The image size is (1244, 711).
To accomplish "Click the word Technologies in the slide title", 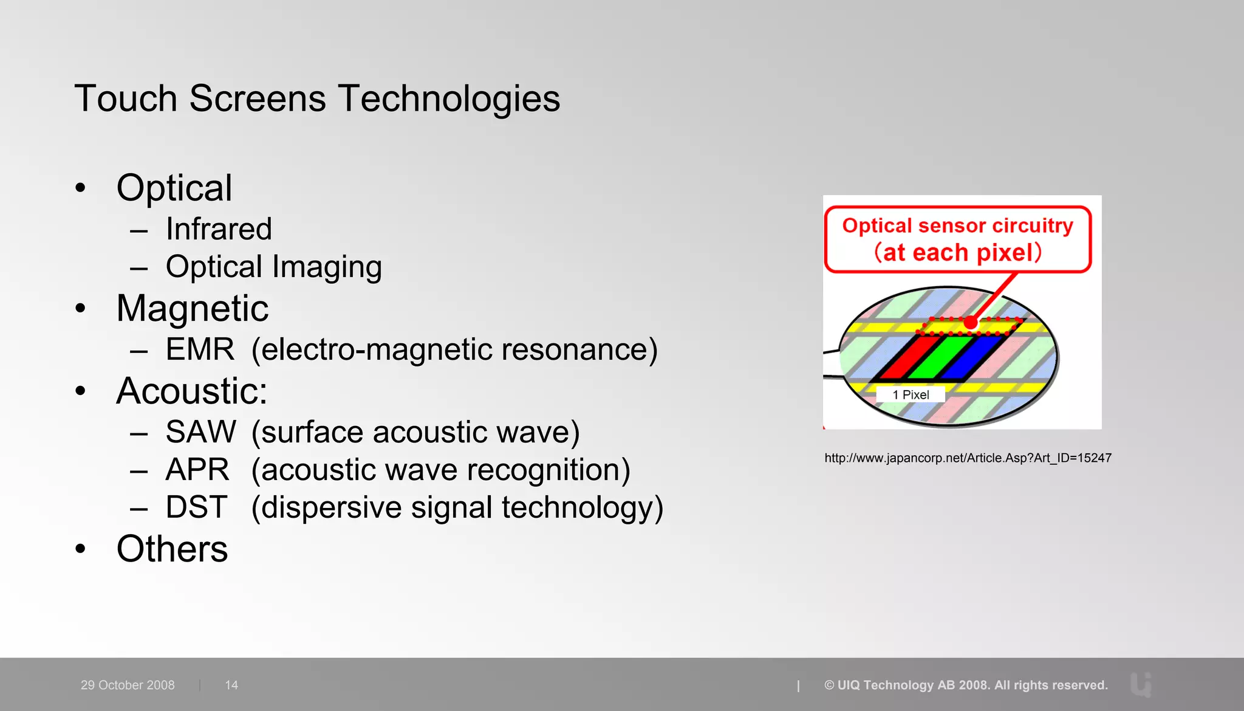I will pyautogui.click(x=449, y=99).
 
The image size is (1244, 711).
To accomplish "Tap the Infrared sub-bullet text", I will pyautogui.click(x=219, y=229).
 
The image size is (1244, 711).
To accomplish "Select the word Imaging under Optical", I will pyautogui.click(x=327, y=267).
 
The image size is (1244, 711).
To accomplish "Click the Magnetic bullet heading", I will pyautogui.click(x=192, y=308).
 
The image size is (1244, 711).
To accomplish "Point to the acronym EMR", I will pyautogui.click(x=200, y=349).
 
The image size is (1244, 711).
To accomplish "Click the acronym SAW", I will pyautogui.click(x=200, y=432).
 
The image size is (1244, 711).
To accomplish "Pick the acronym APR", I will pyautogui.click(x=197, y=470).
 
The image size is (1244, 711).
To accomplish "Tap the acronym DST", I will pyautogui.click(x=196, y=507).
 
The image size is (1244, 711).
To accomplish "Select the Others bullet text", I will pyautogui.click(x=172, y=549).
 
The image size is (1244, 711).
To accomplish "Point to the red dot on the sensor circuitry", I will pyautogui.click(x=971, y=323).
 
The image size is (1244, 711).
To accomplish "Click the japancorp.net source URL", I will pyautogui.click(x=968, y=458).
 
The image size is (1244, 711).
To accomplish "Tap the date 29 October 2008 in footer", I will pyautogui.click(x=128, y=685).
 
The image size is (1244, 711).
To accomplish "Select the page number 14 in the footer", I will pyautogui.click(x=231, y=685).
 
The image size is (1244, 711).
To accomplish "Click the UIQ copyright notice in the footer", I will pyautogui.click(x=966, y=685).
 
